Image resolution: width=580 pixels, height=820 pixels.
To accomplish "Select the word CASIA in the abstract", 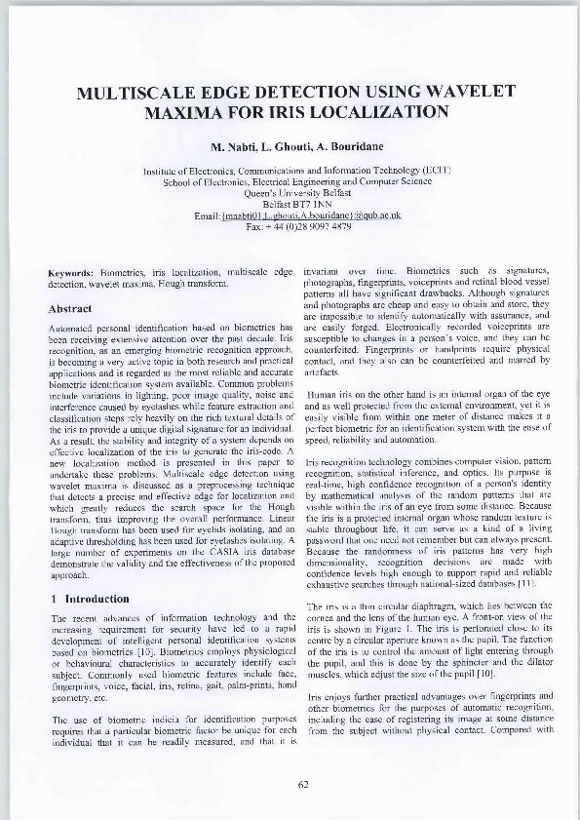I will pos(191,552).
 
